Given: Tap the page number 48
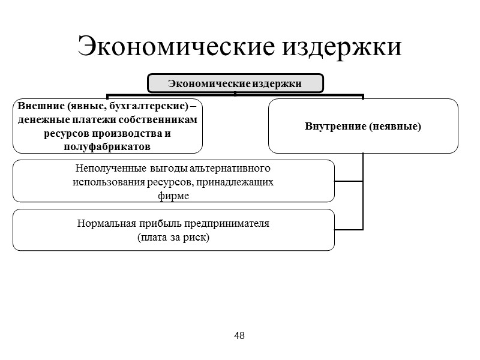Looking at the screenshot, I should (x=239, y=335).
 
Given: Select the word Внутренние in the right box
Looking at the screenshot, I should (x=334, y=127).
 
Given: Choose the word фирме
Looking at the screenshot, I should (x=173, y=196).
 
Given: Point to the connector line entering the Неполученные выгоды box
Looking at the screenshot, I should (x=349, y=181).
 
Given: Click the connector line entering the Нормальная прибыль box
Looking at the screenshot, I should (x=349, y=229).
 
